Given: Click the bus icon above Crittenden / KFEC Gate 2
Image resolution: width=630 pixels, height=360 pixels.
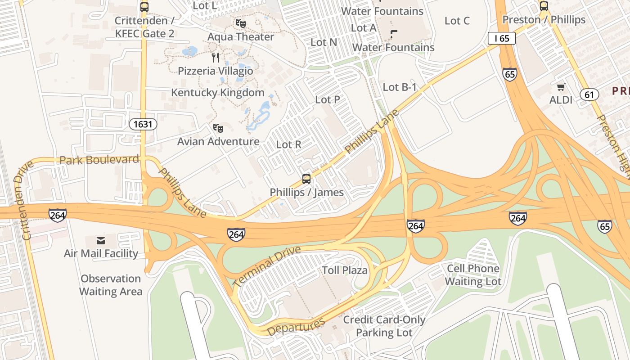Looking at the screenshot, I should tap(144, 7).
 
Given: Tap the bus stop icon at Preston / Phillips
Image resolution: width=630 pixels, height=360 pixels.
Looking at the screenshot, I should tap(544, 6).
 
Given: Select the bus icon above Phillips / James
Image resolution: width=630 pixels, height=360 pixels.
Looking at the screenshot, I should tap(306, 179).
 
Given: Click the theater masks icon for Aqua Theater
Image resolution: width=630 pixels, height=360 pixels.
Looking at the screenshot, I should tap(241, 23).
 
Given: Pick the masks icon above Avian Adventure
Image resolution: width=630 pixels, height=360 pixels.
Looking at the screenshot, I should tap(218, 128).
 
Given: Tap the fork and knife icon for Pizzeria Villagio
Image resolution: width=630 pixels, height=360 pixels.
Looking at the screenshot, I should tap(216, 57).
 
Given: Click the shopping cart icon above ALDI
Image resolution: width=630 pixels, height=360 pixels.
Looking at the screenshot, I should tap(561, 87).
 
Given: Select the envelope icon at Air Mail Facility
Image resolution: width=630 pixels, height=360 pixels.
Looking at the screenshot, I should tap(101, 241).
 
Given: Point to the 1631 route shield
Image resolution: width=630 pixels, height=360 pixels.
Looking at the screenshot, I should tap(143, 124).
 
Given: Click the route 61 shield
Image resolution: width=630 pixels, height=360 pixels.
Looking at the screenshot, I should tap(589, 94).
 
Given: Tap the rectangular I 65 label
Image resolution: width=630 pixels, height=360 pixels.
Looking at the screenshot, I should tap(501, 39).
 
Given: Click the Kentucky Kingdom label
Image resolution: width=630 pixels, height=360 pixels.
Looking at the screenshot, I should tap(218, 93).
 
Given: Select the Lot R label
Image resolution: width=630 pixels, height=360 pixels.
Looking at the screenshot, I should tap(288, 144).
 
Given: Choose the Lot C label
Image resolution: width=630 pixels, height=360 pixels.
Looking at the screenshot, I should tap(457, 21).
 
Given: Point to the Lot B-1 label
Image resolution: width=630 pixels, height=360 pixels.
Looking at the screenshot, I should tap(400, 87).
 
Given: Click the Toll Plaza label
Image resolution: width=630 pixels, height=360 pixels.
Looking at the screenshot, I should tap(345, 270).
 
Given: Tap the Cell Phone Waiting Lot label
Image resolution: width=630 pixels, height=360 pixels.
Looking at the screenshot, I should tap(473, 275).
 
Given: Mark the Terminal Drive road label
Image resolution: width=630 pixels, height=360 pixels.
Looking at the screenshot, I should tap(267, 266).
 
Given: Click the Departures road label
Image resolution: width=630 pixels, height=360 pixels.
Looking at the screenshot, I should tap(296, 327).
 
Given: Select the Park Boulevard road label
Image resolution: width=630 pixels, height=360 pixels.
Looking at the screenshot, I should tap(99, 160).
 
